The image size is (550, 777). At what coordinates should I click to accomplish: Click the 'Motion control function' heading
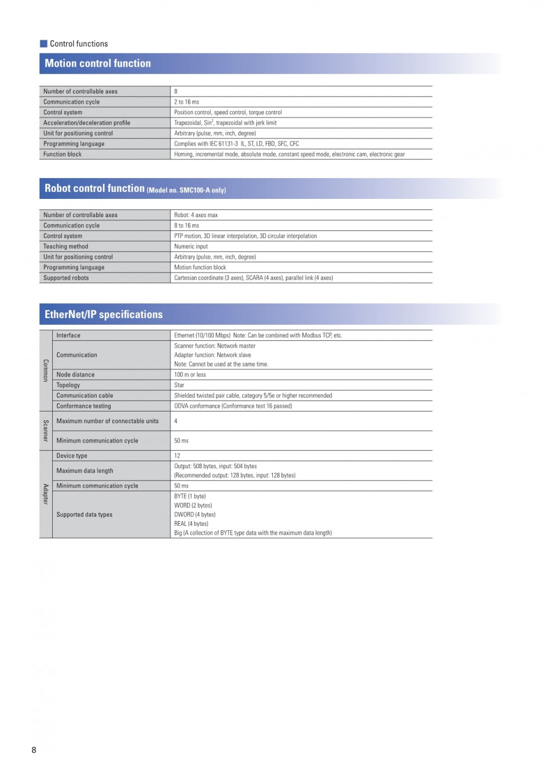(x=98, y=64)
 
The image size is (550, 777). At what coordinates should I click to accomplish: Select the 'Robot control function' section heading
(x=95, y=188)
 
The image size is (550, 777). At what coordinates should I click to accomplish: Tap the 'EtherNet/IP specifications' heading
(x=103, y=314)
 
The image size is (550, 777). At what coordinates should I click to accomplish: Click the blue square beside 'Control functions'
(x=44, y=43)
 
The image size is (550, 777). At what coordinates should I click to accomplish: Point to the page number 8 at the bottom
(x=34, y=750)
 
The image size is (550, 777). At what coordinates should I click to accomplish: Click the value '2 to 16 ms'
(x=186, y=102)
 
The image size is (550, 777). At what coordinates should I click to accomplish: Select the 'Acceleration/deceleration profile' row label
(x=87, y=123)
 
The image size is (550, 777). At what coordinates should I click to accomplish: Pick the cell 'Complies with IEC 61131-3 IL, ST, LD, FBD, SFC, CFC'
(x=237, y=144)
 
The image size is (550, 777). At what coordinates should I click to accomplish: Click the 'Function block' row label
(x=63, y=154)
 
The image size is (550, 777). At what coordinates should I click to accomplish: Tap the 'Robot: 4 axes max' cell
(x=196, y=215)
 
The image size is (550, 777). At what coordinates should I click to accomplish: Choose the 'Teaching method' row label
(x=66, y=247)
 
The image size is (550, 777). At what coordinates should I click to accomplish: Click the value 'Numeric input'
(x=191, y=247)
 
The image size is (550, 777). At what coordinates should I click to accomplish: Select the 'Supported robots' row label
(x=66, y=278)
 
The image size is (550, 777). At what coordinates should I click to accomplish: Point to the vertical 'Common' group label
(x=46, y=370)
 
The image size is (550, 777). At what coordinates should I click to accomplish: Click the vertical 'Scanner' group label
(x=46, y=431)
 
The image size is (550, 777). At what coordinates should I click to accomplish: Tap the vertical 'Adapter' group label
(x=46, y=494)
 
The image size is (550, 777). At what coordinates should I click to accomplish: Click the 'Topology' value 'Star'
(x=179, y=385)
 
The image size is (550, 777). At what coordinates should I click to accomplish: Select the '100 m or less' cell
(x=190, y=375)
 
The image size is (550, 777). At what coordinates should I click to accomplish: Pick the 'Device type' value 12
(x=177, y=456)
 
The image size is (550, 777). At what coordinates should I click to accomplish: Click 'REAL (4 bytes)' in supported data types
(x=191, y=524)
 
